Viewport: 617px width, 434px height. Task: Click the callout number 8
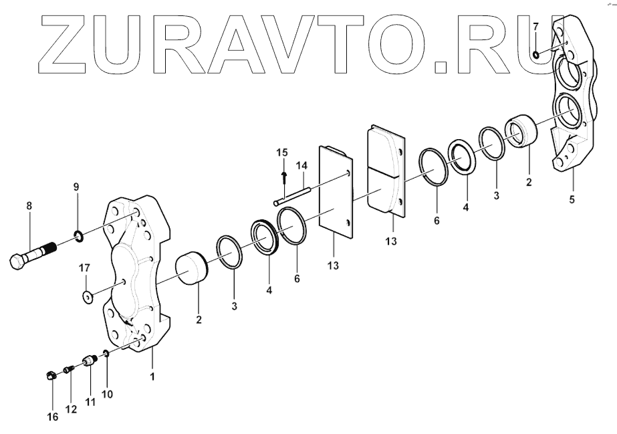[29, 207]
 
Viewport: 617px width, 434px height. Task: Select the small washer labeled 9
[78, 235]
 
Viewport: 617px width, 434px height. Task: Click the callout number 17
[85, 268]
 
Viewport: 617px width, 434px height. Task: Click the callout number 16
[53, 417]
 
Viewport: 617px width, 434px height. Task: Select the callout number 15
[281, 153]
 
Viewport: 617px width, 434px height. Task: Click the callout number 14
[302, 165]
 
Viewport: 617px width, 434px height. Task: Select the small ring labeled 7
[536, 53]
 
